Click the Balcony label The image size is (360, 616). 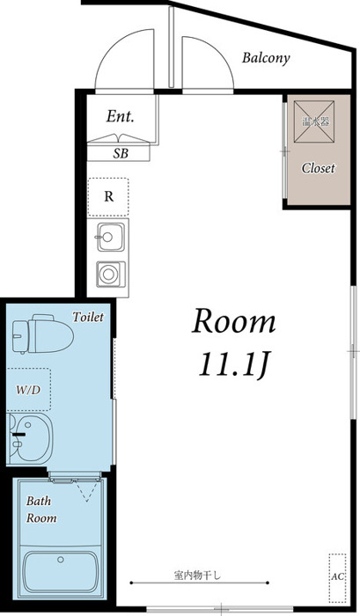(266, 58)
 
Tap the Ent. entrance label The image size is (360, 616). (120, 116)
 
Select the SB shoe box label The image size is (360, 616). (121, 153)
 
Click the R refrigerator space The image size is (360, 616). (108, 197)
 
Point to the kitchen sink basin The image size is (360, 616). (110, 237)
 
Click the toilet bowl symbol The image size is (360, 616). (42, 334)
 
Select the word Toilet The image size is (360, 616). (88, 317)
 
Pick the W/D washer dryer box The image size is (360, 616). (28, 390)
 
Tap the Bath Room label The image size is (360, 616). (41, 510)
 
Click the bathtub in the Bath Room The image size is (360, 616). (60, 572)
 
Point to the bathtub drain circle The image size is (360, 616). (61, 560)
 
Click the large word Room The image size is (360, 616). (233, 321)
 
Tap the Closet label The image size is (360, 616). (319, 168)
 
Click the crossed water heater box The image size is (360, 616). (314, 121)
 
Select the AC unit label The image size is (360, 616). (337, 576)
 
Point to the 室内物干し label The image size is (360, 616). (198, 576)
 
